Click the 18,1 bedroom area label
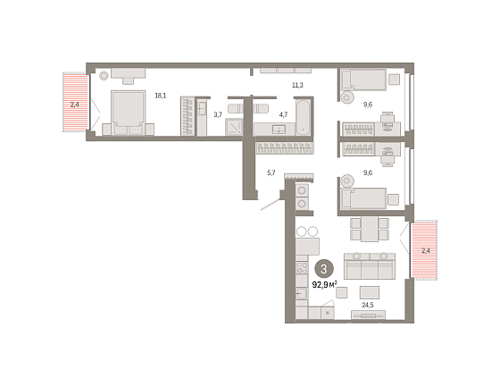161,96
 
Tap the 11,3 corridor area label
297,85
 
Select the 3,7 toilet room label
218,114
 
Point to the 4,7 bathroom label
283,114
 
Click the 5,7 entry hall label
271,173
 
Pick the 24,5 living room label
368,305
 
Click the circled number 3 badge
324,269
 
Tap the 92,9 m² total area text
325,284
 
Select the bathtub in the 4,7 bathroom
303,117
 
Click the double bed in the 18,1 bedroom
128,113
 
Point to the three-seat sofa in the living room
370,266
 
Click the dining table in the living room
370,229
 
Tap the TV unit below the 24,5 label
368,315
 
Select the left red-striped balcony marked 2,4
75,102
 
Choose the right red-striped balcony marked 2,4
424,250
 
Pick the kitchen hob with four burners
302,268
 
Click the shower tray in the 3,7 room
234,127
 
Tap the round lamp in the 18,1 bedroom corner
104,76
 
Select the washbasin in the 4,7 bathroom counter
279,130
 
